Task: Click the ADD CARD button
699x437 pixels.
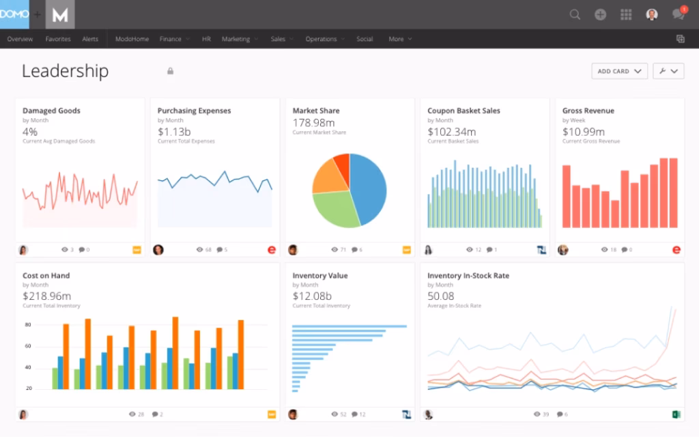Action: point(619,71)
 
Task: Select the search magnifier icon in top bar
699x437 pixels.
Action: point(575,14)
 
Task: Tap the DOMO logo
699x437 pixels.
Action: point(14,14)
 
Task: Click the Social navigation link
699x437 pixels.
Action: point(365,39)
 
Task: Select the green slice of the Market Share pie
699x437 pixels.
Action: point(334,208)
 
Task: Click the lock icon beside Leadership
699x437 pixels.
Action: point(170,71)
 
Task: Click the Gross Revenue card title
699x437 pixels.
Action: point(588,111)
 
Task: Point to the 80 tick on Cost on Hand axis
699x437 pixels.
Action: point(29,325)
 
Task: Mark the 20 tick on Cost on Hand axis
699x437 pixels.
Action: point(29,388)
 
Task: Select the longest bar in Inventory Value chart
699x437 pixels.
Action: point(349,326)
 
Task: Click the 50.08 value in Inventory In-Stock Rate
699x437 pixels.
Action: point(440,296)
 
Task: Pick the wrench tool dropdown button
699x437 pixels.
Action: point(668,71)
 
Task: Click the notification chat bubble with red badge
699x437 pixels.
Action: point(678,14)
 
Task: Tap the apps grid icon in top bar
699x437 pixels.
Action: point(626,14)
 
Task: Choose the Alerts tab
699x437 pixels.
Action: point(90,39)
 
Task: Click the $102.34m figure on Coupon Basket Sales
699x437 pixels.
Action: point(451,132)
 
